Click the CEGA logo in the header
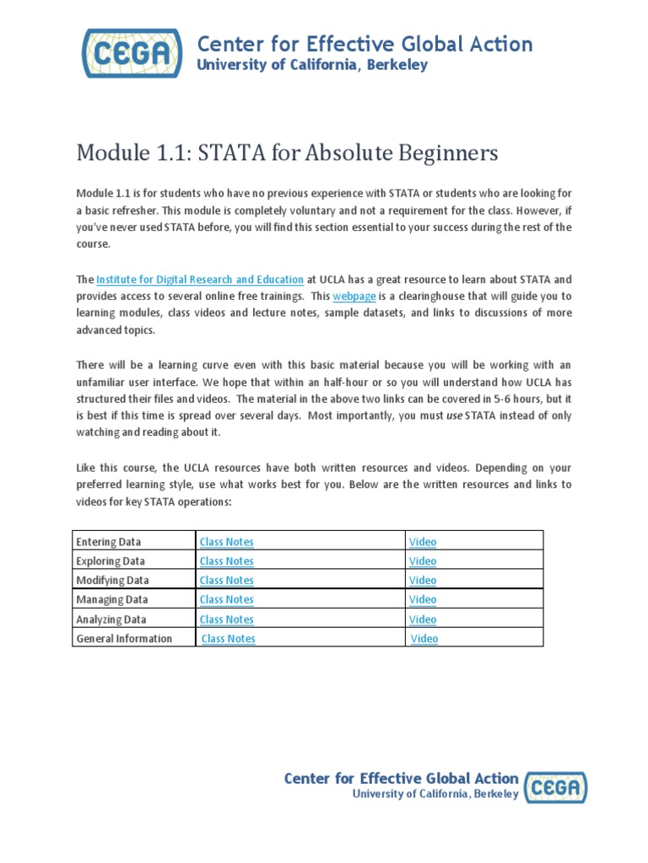point(132,52)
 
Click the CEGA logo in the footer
point(555,787)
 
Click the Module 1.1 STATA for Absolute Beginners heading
point(287,153)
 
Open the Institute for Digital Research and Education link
point(200,279)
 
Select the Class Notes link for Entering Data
point(226,542)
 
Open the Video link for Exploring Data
point(423,561)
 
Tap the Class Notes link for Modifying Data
point(226,581)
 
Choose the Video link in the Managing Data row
point(423,600)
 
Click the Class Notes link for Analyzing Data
point(226,619)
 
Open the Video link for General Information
point(424,639)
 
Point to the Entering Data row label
point(109,542)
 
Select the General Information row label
point(124,639)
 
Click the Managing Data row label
point(112,600)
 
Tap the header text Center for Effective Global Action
point(364,44)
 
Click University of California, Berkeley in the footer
point(435,794)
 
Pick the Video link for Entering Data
point(423,542)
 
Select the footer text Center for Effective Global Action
point(401,778)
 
